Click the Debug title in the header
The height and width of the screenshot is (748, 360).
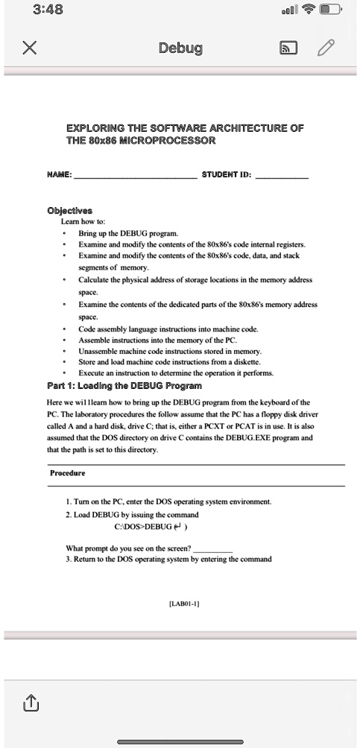click(180, 49)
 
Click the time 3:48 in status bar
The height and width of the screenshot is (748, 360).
click(48, 10)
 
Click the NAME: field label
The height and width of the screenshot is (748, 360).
click(60, 177)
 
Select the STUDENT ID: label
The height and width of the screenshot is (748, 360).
click(227, 177)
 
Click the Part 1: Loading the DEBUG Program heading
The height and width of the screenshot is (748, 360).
click(124, 385)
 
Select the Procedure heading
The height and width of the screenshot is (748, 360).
click(67, 473)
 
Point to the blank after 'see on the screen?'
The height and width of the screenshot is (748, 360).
click(212, 549)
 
